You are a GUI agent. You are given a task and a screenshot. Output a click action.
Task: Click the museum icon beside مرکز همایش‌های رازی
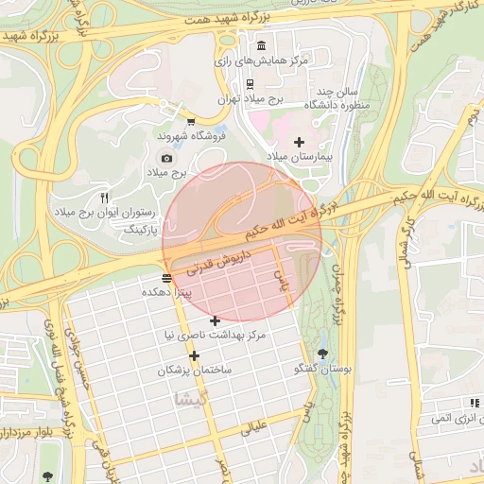pyautogui.click(x=261, y=46)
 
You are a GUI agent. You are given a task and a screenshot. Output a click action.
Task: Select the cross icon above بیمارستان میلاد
pyautogui.click(x=300, y=142)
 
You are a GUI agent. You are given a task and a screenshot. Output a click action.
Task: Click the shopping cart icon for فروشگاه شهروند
pyautogui.click(x=192, y=122)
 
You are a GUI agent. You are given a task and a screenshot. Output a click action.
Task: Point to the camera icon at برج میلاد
pyautogui.click(x=166, y=158)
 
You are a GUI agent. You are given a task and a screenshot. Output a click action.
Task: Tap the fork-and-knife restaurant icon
pyautogui.click(x=105, y=198)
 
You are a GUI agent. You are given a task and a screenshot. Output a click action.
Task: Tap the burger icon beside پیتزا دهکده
pyautogui.click(x=167, y=278)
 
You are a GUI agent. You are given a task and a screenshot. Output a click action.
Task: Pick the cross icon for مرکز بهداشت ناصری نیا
pyautogui.click(x=215, y=320)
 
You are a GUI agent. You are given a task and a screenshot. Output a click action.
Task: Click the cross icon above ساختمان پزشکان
pyautogui.click(x=194, y=355)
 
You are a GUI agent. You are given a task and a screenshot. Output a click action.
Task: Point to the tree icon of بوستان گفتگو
pyautogui.click(x=323, y=354)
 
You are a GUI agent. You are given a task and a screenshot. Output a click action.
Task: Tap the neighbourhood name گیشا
pyautogui.click(x=185, y=399)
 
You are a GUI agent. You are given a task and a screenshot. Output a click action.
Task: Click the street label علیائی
pyautogui.click(x=256, y=427)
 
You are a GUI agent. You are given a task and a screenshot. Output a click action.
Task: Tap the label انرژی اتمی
pyautogui.click(x=451, y=417)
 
